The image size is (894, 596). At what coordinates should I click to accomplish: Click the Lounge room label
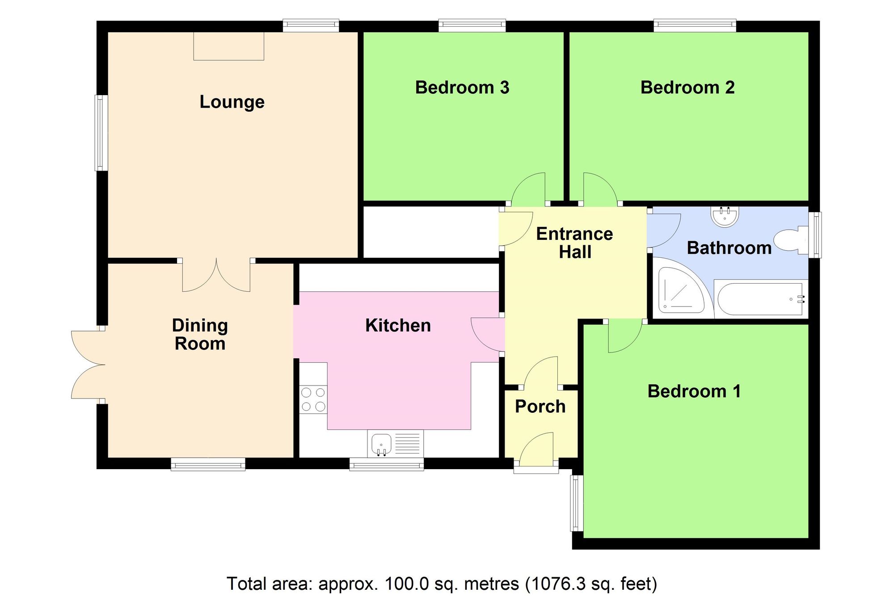click(x=232, y=102)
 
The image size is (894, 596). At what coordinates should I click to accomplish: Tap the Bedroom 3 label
click(x=462, y=88)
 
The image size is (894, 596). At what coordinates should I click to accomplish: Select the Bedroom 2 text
click(x=687, y=88)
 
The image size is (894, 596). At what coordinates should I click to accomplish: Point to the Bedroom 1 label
click(x=694, y=391)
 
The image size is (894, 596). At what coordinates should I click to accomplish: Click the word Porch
click(x=540, y=407)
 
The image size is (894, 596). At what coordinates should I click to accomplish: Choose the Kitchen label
click(x=398, y=326)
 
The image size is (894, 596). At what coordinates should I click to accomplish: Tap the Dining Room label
click(x=200, y=335)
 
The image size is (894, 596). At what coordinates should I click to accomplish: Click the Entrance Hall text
click(x=574, y=243)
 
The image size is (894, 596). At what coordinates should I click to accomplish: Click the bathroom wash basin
click(x=724, y=216)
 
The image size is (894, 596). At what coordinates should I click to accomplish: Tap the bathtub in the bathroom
click(x=760, y=298)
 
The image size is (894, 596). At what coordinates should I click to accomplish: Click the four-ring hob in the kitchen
click(x=313, y=399)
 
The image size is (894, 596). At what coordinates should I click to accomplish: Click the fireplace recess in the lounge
click(x=228, y=46)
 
